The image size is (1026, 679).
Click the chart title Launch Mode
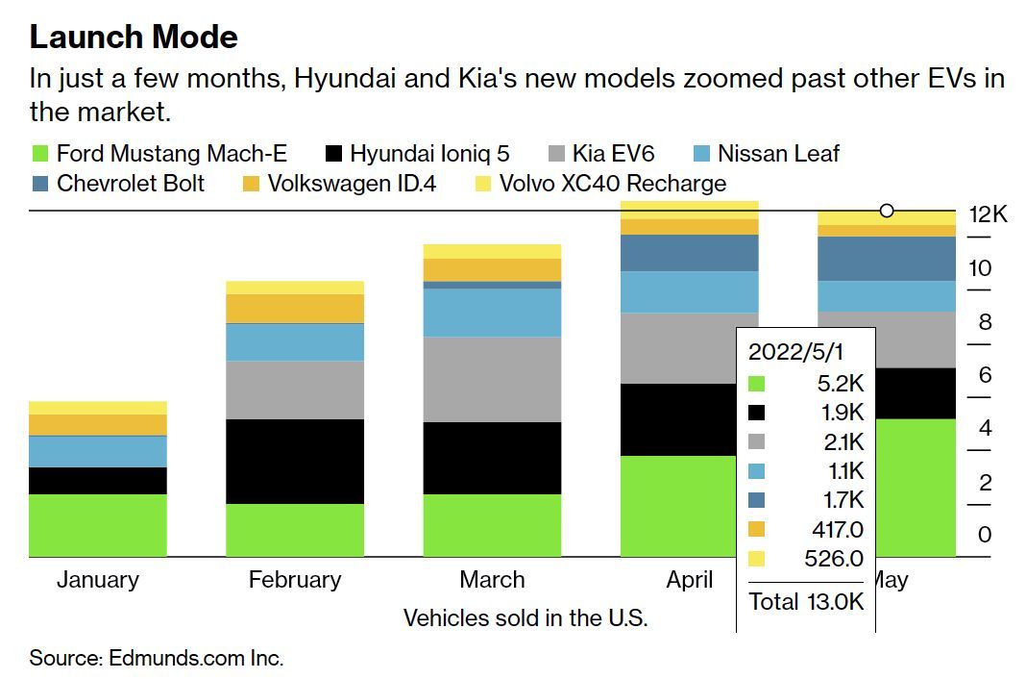point(134,37)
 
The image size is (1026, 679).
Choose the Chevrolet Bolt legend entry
point(117,184)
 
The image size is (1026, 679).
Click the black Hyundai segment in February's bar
point(295,461)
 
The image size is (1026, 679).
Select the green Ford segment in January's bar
point(98,525)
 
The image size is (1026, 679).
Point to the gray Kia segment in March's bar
point(492,379)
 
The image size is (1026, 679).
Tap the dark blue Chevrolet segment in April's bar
point(689,253)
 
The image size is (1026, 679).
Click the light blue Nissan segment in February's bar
point(295,341)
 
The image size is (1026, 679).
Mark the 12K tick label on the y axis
point(988,214)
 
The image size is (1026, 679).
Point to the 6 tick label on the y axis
point(985,375)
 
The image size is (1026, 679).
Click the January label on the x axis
point(98,580)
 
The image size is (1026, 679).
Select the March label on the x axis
point(492,580)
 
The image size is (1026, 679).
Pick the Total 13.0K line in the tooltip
point(806,602)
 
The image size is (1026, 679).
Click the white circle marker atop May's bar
point(887,211)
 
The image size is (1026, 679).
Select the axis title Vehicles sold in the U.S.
point(525,617)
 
